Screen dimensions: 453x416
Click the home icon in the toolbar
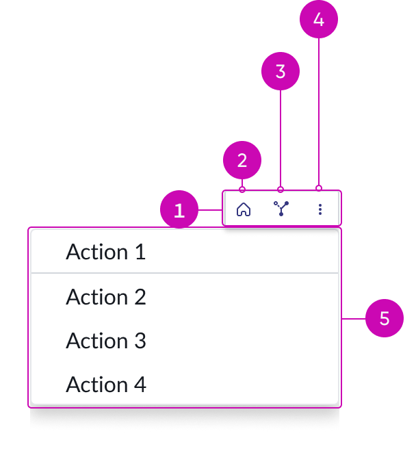[x=243, y=209]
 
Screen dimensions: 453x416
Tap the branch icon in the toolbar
[x=281, y=209]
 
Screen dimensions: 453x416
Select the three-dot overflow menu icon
[x=320, y=209]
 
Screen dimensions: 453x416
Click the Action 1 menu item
[x=106, y=252]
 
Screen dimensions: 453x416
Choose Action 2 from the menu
[x=106, y=297]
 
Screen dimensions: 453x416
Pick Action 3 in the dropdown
[x=106, y=341]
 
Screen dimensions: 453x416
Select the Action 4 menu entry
[x=106, y=385]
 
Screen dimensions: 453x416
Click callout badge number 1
[x=179, y=210]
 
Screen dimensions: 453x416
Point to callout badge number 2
[x=242, y=161]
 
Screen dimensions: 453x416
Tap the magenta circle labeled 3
[x=281, y=71]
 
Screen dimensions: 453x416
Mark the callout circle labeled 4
[x=319, y=20]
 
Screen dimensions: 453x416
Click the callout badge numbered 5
[x=385, y=319]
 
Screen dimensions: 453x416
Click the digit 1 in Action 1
[x=140, y=252]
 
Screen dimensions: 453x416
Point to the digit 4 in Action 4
[x=140, y=385]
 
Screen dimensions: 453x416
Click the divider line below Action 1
[x=185, y=273]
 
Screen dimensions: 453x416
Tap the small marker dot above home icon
[x=242, y=190]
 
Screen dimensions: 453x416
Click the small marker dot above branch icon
[x=281, y=190]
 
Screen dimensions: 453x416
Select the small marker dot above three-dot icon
[x=319, y=187]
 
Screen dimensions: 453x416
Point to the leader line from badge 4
[x=319, y=109]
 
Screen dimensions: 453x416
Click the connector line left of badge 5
[x=353, y=319]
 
